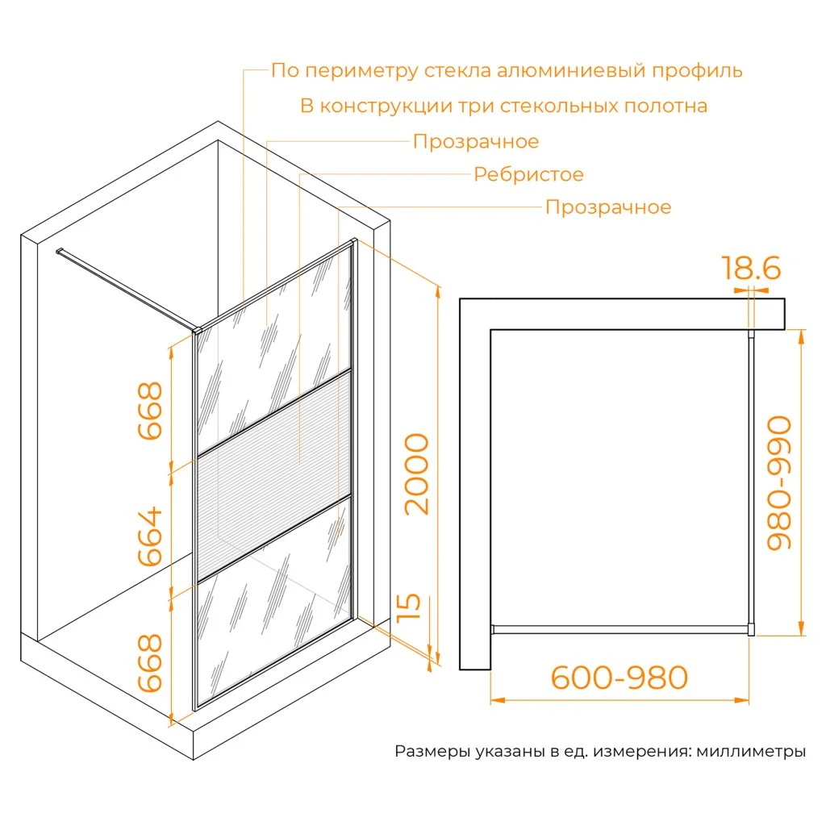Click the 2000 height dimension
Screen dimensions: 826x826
(416, 473)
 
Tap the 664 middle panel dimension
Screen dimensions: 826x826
(149, 536)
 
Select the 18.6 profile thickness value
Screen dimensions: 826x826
(751, 268)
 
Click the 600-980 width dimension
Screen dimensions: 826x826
(619, 677)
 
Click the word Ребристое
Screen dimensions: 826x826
(528, 174)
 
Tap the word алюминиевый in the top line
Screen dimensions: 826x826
(571, 71)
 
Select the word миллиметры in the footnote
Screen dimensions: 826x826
(751, 751)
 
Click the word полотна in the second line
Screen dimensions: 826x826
(665, 106)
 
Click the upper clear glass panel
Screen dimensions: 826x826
(274, 348)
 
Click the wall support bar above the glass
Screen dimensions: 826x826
(127, 290)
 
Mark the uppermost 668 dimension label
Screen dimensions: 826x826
(149, 411)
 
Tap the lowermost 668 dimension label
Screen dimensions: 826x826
(149, 663)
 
